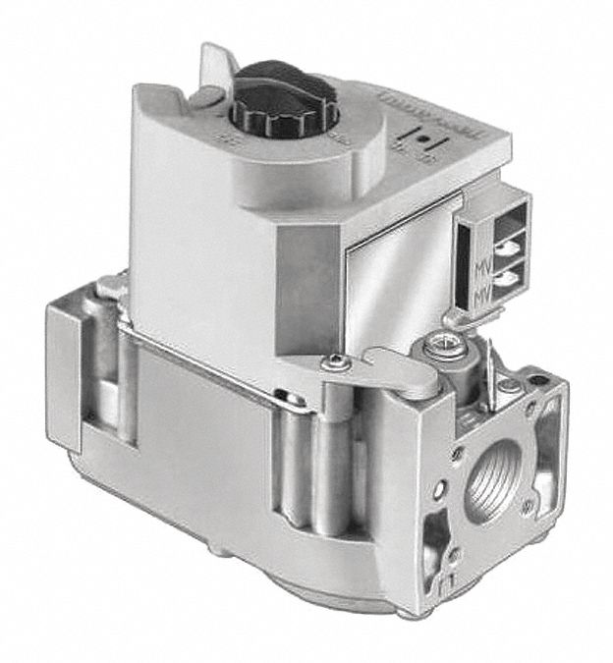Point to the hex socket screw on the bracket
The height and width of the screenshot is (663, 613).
pyautogui.click(x=337, y=365)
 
